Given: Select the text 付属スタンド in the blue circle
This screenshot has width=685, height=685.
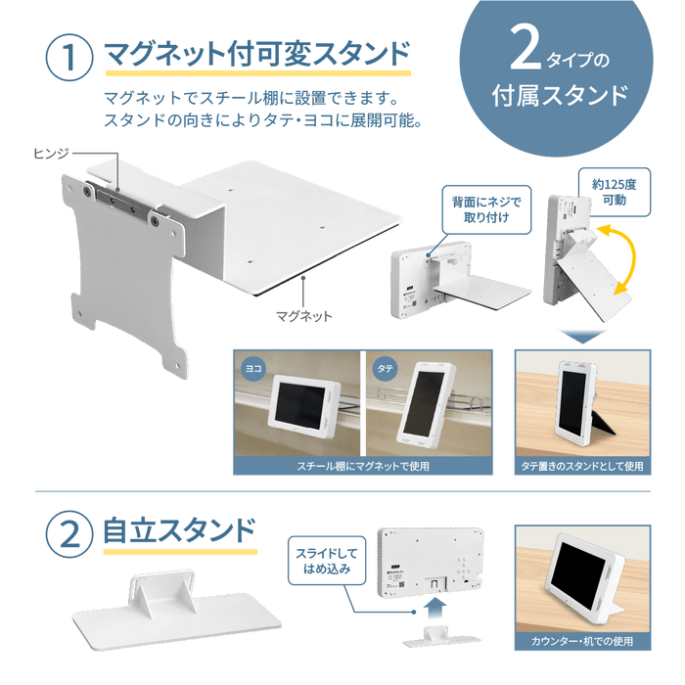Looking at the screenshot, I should (559, 96).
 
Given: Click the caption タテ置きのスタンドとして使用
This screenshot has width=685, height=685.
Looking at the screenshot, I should (581, 467).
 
